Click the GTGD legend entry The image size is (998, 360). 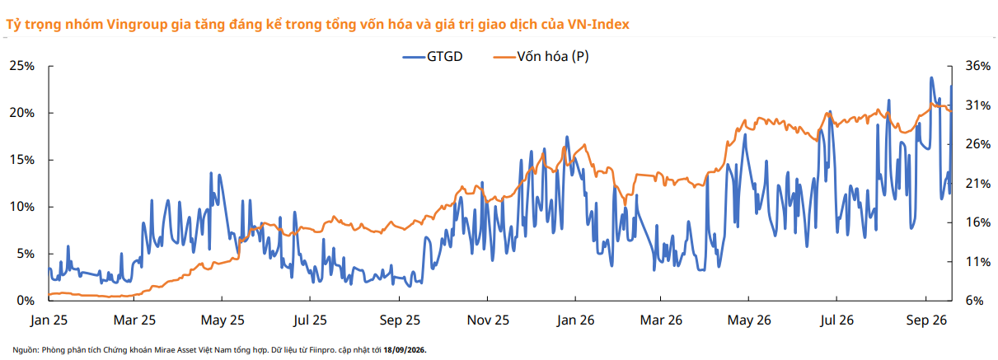tap(433, 57)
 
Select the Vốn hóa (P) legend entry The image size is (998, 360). tap(541, 57)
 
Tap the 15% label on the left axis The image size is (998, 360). tap(21, 160)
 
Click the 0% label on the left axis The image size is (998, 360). tap(26, 301)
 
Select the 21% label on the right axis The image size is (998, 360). tap(978, 184)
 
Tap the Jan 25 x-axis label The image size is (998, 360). tap(49, 320)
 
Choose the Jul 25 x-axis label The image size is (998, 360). tap(310, 320)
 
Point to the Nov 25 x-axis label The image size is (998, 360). tap(488, 320)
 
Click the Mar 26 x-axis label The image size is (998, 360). tap(661, 320)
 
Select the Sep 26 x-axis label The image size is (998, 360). tap(926, 320)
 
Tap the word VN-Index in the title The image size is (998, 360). tap(598, 24)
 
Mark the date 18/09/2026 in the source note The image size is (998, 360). tap(405, 350)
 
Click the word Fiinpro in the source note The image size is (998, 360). tap(322, 350)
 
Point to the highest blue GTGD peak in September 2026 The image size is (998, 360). tap(931, 77)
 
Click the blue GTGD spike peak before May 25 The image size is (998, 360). tap(211, 173)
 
